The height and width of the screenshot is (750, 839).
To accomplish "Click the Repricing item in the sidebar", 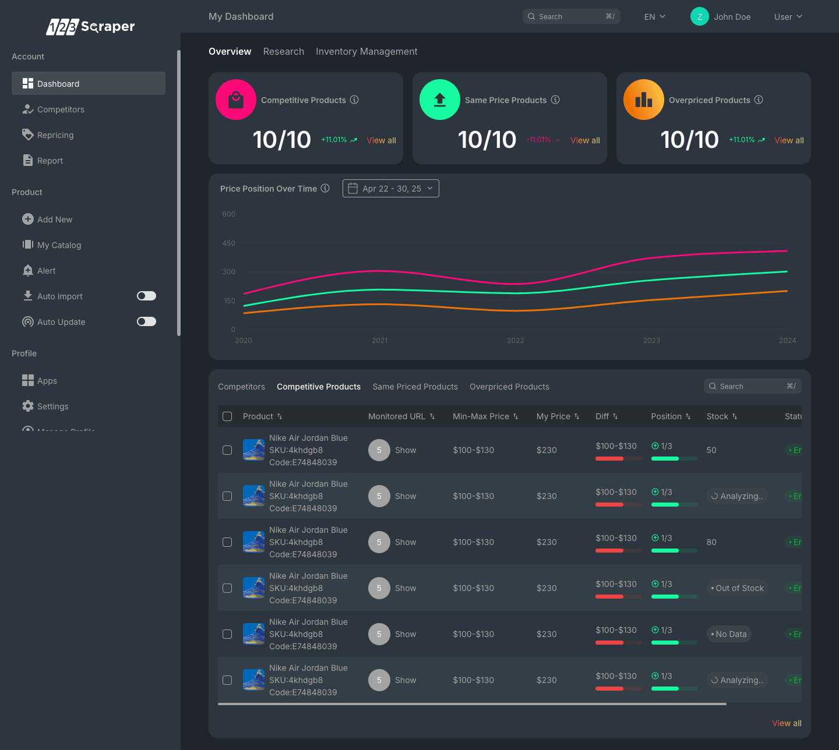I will [55, 135].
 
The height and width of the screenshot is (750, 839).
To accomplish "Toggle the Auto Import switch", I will [146, 296].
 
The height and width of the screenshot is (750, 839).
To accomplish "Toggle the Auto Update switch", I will [146, 321].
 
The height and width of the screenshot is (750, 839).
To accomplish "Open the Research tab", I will [283, 51].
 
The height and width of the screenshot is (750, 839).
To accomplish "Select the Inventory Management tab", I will [366, 51].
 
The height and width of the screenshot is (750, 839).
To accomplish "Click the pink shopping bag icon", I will [236, 100].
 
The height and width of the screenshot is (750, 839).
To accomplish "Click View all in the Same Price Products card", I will [585, 140].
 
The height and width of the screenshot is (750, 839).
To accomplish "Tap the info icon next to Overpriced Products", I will [759, 100].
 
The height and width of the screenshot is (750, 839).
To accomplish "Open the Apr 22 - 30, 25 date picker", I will [390, 189].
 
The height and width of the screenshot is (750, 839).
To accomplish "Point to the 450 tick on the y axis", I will [229, 243].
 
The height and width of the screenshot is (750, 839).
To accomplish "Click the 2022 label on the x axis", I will [516, 341].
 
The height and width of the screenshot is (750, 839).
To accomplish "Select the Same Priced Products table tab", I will [415, 387].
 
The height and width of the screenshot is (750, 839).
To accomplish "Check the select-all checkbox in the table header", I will [227, 416].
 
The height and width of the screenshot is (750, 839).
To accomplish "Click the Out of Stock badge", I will [737, 588].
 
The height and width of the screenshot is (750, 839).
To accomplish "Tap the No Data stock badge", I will [729, 634].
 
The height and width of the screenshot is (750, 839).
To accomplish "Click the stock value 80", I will [711, 542].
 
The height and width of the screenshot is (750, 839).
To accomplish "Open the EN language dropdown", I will [654, 17].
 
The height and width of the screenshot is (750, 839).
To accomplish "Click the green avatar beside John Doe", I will [699, 17].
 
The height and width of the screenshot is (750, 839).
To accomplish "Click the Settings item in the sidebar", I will [52, 406].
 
